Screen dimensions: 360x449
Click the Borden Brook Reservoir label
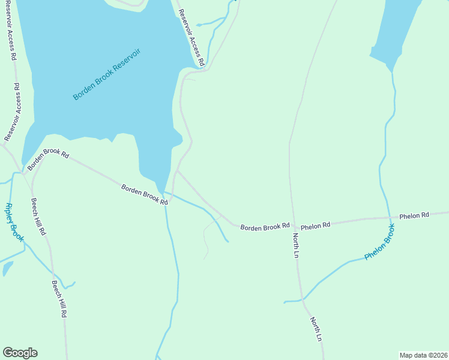(107, 74)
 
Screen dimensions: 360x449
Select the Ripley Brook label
(14, 221)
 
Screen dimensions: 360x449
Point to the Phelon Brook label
(380, 241)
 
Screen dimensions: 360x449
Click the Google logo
(20, 353)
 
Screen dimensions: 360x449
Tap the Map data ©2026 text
(423, 355)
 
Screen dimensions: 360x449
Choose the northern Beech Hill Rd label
(38, 216)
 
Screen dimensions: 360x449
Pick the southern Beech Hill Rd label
(59, 299)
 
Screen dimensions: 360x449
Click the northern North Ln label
(295, 245)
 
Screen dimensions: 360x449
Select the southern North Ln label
(316, 330)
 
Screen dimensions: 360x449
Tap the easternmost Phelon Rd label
(414, 215)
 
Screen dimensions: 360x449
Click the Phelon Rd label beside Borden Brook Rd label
(316, 226)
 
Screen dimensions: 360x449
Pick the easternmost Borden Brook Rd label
(265, 227)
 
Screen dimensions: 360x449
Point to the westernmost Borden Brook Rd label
(48, 158)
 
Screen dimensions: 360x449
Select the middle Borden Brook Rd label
(144, 194)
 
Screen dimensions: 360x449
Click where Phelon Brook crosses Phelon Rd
(389, 218)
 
